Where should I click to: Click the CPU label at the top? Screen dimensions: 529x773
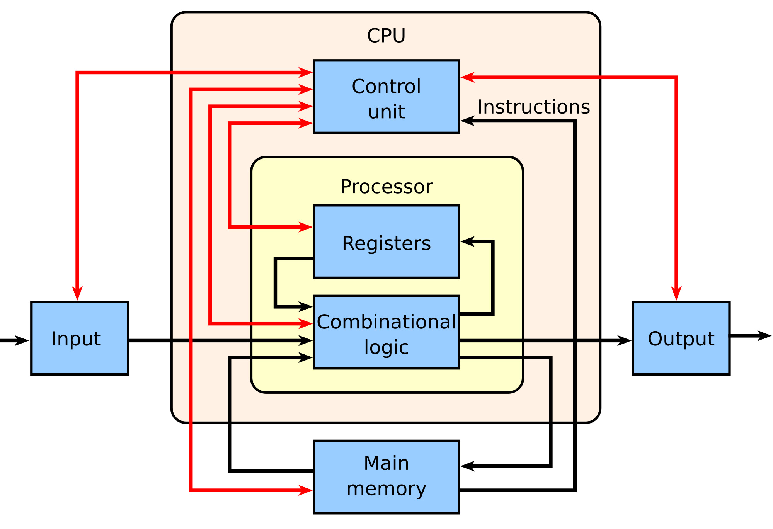point(386,36)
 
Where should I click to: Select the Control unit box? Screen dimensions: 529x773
point(386,97)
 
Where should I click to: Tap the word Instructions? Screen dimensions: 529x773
point(533,107)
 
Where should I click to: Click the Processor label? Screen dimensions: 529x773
point(386,187)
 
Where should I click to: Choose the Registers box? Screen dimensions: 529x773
point(386,242)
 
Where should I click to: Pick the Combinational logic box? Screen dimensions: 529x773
point(386,332)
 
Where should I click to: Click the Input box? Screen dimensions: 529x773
point(80,338)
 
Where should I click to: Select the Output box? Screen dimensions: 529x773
point(681,338)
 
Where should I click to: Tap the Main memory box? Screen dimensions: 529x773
point(386,477)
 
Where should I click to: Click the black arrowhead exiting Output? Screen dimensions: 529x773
point(764,336)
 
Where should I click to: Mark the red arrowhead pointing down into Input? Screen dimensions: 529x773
point(77,293)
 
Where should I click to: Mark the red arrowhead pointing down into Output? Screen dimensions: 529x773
point(676,293)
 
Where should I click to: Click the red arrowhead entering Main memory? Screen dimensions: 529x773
point(306,490)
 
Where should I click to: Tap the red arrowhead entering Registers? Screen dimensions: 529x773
point(306,227)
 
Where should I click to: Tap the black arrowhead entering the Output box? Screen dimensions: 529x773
point(624,340)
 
